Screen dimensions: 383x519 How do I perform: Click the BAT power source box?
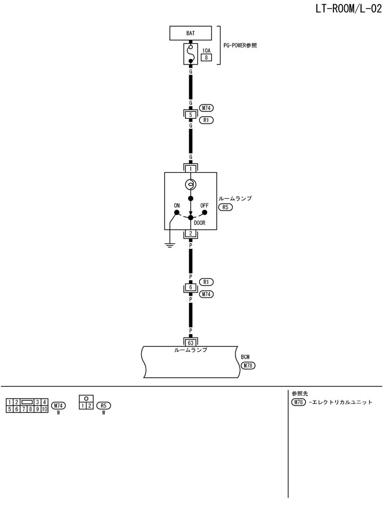pyautogui.click(x=190, y=33)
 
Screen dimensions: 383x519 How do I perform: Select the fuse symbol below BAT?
pyautogui.click(x=190, y=54)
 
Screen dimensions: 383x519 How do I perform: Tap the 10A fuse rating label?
pyautogui.click(x=206, y=51)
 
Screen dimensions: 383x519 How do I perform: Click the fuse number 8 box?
pyautogui.click(x=206, y=58)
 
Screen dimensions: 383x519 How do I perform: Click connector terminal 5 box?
pyautogui.click(x=190, y=115)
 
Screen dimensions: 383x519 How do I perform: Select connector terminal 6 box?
pyautogui.click(x=190, y=288)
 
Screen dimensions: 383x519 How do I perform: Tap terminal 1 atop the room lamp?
pyautogui.click(x=190, y=168)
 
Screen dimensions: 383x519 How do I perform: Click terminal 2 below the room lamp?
pyautogui.click(x=190, y=234)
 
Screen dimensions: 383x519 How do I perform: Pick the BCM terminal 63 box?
pyautogui.click(x=190, y=343)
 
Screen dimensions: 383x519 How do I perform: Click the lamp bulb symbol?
pyautogui.click(x=190, y=185)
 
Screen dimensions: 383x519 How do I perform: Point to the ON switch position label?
pyautogui.click(x=177, y=205)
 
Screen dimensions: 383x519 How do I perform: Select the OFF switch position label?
pyautogui.click(x=204, y=205)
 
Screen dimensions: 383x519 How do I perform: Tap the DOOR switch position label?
pyautogui.click(x=200, y=223)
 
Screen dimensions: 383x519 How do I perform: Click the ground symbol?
pyautogui.click(x=170, y=246)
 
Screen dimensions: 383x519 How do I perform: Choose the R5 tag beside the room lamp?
pyautogui.click(x=226, y=207)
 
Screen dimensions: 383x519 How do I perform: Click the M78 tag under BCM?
pyautogui.click(x=248, y=366)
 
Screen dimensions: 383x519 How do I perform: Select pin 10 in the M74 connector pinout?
pyautogui.click(x=45, y=409)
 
